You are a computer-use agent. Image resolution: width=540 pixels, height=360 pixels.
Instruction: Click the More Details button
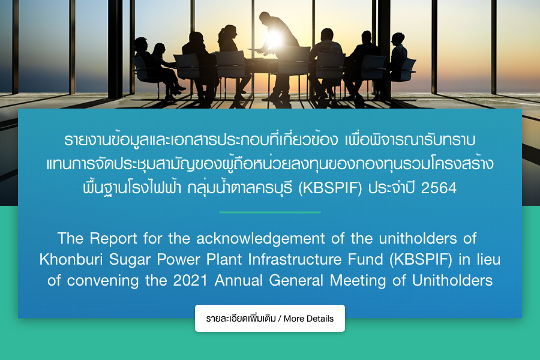coord(269,319)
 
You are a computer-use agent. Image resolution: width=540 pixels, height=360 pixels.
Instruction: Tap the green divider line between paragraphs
coord(270,212)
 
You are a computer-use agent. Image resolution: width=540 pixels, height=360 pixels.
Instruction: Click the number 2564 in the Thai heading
coord(439,188)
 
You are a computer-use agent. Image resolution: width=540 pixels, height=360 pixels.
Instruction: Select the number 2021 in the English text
coord(190,280)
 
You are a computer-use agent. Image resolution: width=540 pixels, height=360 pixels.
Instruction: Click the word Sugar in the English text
coord(130,260)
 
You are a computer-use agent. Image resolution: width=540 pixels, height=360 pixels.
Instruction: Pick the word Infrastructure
coord(295,259)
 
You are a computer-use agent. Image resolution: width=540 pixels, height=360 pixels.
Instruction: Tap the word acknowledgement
coord(261,239)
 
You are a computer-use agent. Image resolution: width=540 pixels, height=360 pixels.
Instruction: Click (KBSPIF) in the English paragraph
coord(421,260)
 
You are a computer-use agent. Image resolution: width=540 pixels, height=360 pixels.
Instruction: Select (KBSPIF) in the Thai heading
coord(330,188)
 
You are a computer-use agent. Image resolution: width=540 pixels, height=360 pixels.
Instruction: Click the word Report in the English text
coord(113,238)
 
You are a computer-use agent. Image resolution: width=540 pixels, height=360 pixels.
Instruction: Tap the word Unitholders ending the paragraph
coord(452,280)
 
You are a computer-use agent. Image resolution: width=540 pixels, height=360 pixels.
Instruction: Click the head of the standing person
coord(265,17)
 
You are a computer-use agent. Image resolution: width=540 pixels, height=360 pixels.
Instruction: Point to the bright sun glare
coord(274,40)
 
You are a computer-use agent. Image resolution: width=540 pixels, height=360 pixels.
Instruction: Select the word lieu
coord(488,259)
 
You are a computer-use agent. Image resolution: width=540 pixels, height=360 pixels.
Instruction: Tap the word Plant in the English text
coord(224,259)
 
